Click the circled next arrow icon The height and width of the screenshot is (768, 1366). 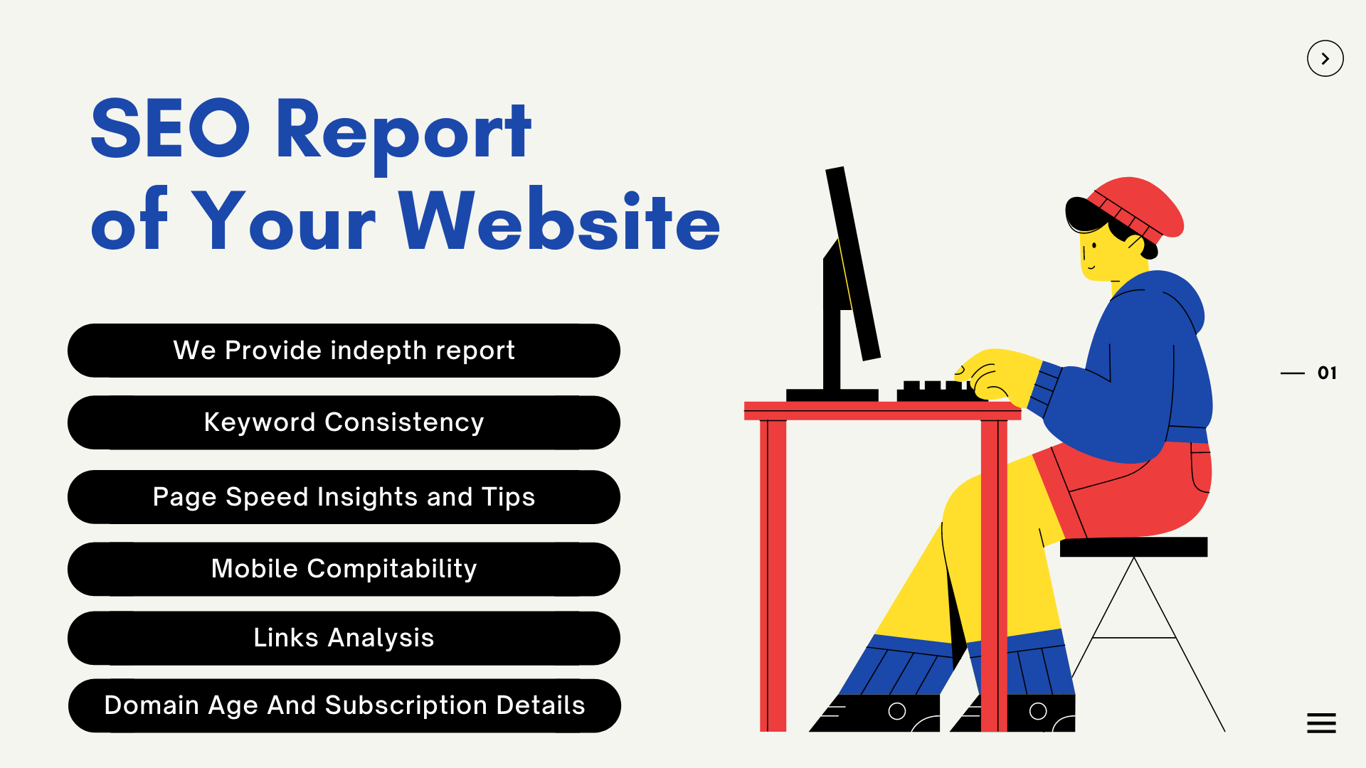(x=1325, y=58)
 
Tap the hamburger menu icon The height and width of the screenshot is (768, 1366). (x=1321, y=723)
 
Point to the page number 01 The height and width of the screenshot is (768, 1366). (x=1327, y=373)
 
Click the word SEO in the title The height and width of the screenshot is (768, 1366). (x=170, y=129)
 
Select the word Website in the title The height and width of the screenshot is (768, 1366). (x=559, y=220)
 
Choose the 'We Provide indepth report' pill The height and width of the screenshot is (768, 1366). (x=344, y=351)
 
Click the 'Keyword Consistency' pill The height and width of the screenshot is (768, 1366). (x=344, y=422)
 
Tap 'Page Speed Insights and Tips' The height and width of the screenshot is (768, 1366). (x=344, y=496)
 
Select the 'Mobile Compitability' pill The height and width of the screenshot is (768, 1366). (x=344, y=569)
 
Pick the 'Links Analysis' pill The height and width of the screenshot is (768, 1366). (x=344, y=638)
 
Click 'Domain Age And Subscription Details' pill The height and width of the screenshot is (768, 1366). (x=344, y=705)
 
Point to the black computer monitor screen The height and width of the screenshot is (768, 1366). (x=853, y=263)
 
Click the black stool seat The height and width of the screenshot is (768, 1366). (x=1133, y=547)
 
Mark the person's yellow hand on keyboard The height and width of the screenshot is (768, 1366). (x=996, y=375)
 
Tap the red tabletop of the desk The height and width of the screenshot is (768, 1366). (x=882, y=411)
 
